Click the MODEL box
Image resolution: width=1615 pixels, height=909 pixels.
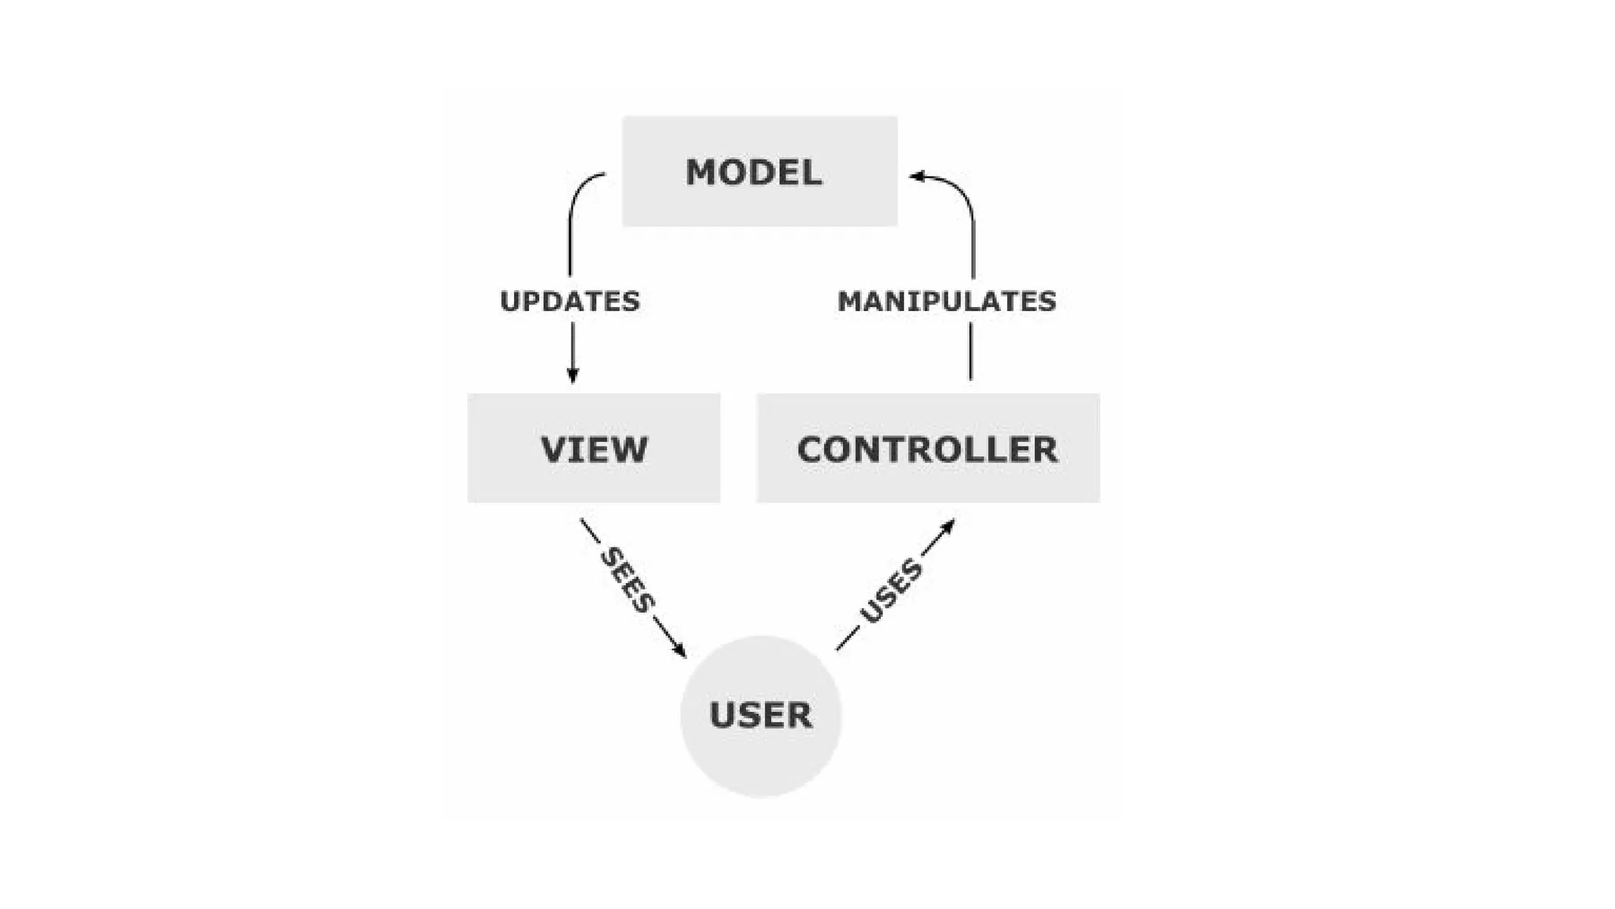click(x=759, y=171)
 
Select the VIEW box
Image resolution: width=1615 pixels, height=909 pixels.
click(x=593, y=448)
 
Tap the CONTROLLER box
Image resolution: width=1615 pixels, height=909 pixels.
click(x=927, y=448)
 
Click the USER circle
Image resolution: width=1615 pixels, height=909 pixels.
click(x=761, y=716)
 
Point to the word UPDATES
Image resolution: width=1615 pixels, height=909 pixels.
click(x=570, y=301)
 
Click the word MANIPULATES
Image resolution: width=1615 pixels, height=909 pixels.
click(x=946, y=301)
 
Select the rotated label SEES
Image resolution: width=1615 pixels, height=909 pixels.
click(x=627, y=581)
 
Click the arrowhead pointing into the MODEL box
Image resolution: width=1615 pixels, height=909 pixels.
click(x=916, y=176)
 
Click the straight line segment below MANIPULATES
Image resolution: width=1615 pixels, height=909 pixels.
click(x=971, y=351)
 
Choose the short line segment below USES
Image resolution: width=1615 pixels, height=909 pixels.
click(x=847, y=639)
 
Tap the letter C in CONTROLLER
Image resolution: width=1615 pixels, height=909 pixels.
click(x=811, y=450)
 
